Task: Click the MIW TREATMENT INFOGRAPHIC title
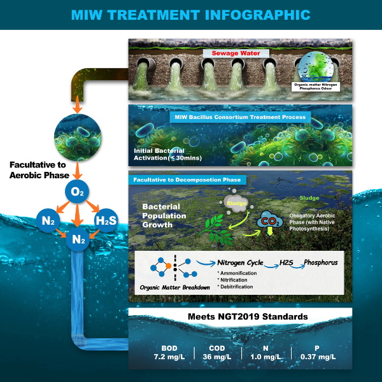pos(191,15)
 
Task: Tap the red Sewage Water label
pos(236,53)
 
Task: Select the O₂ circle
pos(77,192)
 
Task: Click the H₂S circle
pos(106,220)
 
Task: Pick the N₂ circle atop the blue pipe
pos(78,239)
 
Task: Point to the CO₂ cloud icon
pos(270,220)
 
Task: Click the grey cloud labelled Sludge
pos(236,202)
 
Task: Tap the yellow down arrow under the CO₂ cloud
pos(270,232)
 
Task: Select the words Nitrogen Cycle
pos(240,262)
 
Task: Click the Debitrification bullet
pos(235,286)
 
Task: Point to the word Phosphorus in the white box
pos(321,262)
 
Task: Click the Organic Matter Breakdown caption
pos(174,288)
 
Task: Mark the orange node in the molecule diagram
pos(168,265)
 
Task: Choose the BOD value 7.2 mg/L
pos(169,357)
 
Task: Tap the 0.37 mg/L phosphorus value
pos(318,357)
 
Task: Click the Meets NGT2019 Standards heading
pos(248,316)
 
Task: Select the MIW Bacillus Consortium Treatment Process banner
pos(240,117)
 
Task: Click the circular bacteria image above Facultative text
pos(78,138)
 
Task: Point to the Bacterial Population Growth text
pos(164,216)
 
